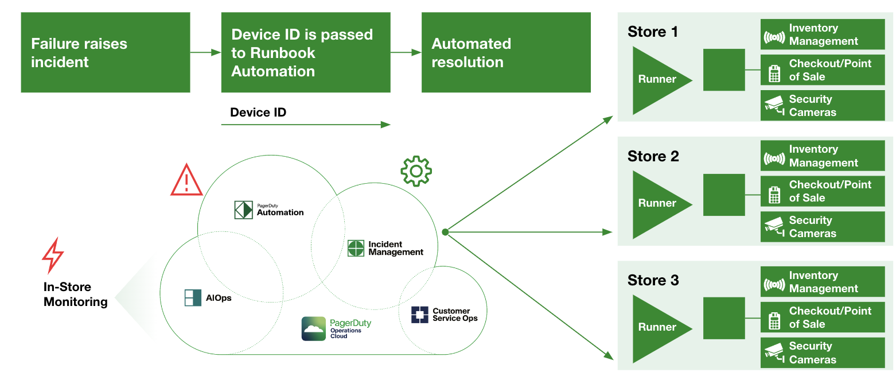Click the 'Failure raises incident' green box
pos(105,53)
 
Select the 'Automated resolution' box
pos(505,53)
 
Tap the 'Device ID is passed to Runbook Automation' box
pos(305,53)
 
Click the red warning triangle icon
pos(186,180)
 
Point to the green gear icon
pos(416,171)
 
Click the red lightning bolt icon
pos(53,256)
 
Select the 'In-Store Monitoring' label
pos(75,294)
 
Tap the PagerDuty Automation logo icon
pos(243,210)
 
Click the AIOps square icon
pos(193,298)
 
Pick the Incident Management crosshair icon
pos(356,248)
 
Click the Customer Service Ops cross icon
pos(419,315)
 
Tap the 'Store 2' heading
pos(653,156)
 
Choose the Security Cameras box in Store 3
pos(822,353)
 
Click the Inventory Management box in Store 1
pos(822,34)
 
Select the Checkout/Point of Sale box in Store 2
pos(822,191)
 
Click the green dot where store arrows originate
pos(445,232)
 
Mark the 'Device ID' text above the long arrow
pos(258,113)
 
